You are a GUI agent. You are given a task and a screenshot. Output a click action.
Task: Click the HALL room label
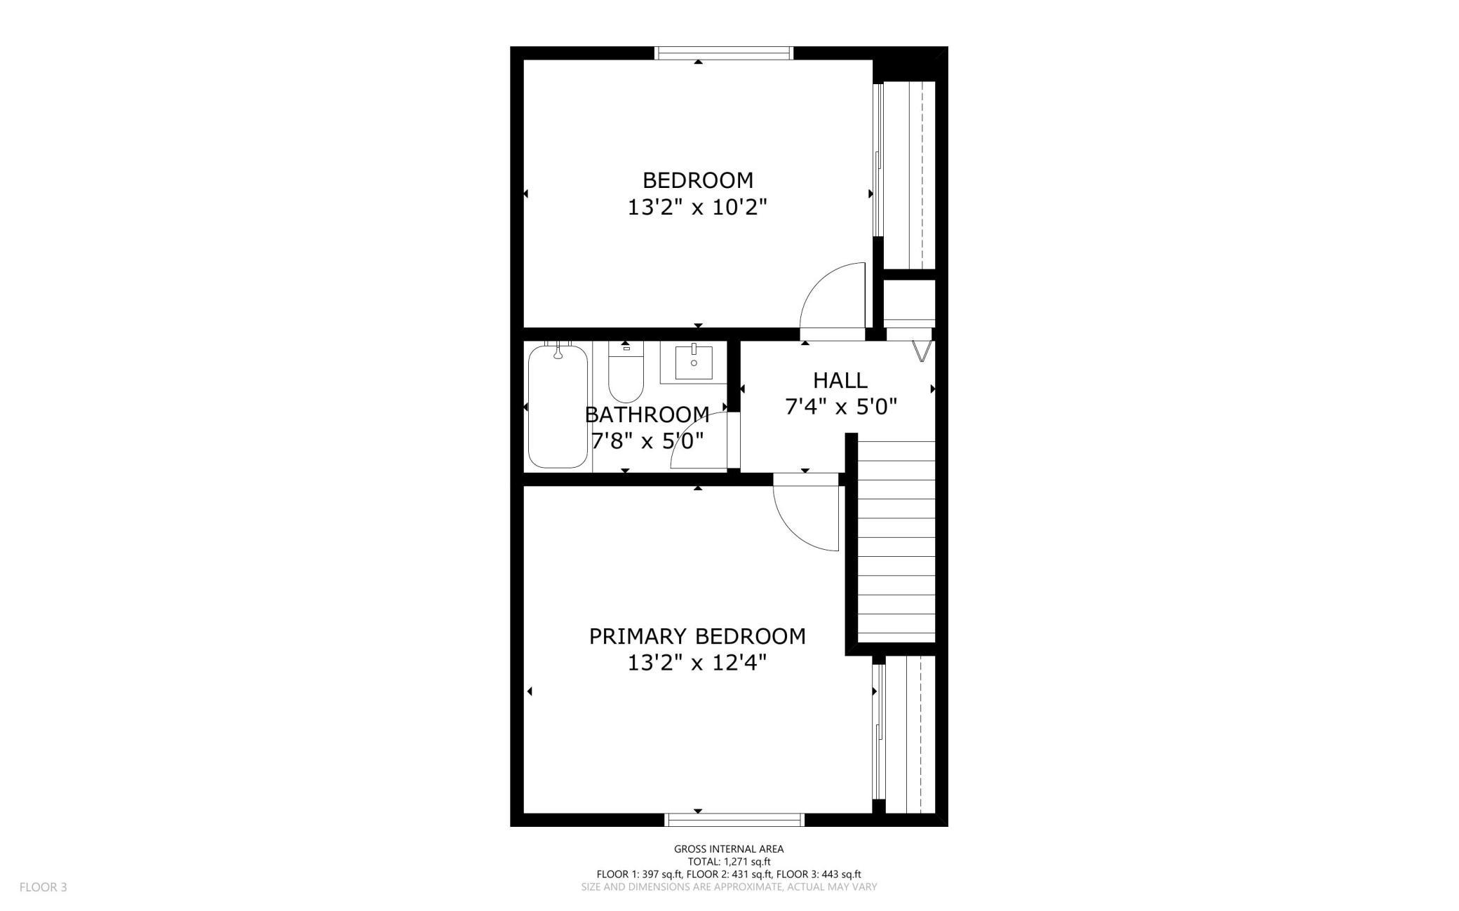pos(840,381)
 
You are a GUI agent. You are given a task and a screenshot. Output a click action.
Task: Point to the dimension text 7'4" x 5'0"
pos(841,407)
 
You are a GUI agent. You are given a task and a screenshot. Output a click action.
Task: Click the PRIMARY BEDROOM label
pos(697,636)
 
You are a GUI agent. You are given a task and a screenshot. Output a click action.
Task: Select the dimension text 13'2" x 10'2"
pos(697,208)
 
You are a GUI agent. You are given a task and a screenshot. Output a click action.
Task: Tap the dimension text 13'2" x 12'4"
pos(697,663)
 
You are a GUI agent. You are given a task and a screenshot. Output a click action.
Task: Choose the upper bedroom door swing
pos(831,295)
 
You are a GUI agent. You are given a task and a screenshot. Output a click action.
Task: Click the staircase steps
pos(896,540)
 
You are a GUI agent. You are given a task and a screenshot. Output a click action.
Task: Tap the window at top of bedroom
pos(723,53)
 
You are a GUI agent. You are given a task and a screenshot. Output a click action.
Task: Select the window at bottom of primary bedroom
pos(734,820)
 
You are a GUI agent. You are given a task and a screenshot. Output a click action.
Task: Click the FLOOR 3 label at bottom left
pos(43,887)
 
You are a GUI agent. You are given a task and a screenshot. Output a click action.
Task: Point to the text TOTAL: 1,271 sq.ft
pos(729,862)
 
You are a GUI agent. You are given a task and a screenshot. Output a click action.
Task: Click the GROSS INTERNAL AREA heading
pos(729,849)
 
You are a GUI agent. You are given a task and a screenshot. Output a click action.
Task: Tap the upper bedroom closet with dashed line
pos(908,175)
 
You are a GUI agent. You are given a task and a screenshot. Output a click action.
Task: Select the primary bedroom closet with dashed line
pos(908,734)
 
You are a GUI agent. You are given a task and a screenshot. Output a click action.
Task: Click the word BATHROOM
pos(647,414)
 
